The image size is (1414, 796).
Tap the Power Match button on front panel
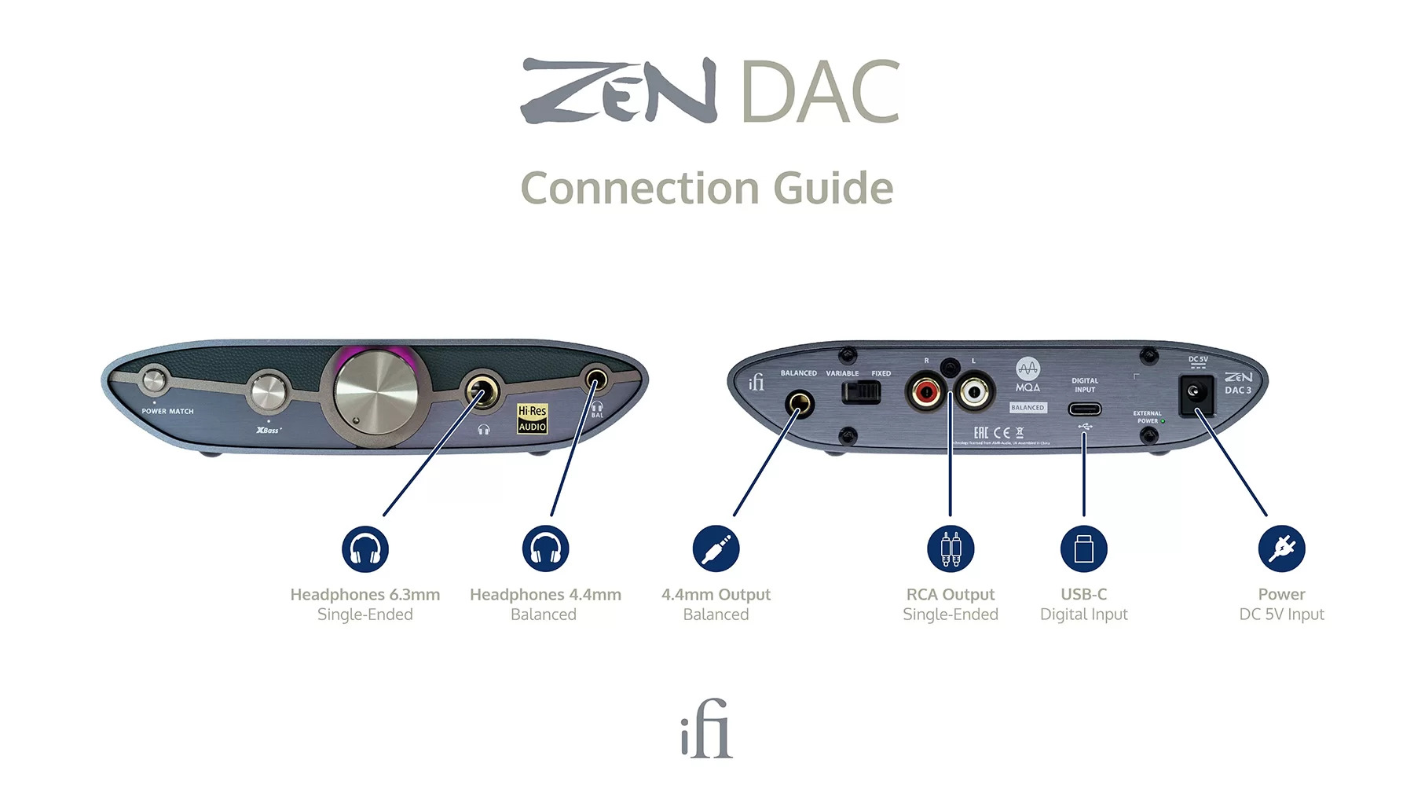click(x=154, y=381)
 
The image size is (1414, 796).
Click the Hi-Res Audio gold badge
click(x=532, y=418)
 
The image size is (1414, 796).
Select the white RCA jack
click(x=974, y=391)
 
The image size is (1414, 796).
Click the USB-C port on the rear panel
click(x=1084, y=409)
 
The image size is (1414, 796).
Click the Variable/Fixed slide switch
click(x=862, y=391)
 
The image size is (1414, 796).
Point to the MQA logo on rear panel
click(x=1028, y=374)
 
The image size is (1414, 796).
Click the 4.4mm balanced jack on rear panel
click(x=800, y=405)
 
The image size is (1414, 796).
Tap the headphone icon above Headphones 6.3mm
click(x=365, y=548)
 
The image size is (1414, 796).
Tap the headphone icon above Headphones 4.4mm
click(x=545, y=548)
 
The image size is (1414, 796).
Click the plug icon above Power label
click(x=1281, y=548)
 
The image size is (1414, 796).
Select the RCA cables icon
click(x=951, y=548)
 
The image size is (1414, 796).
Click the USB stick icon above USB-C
click(x=1084, y=548)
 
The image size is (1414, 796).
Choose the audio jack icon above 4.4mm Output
click(x=716, y=548)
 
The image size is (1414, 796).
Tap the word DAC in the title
click(x=820, y=93)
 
